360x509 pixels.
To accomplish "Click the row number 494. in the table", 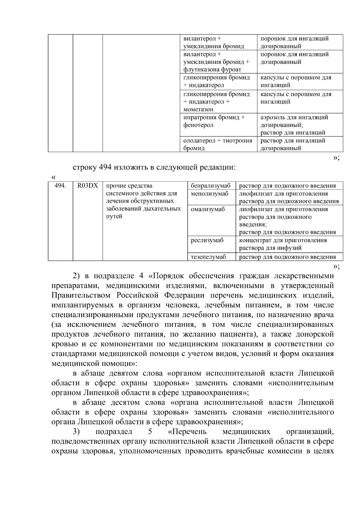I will pos(60,186).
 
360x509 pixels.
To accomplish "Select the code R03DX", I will pos(88,186).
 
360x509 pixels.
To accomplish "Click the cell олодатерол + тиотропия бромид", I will pos(217,144).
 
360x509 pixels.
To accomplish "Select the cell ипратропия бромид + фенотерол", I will pos(214,121).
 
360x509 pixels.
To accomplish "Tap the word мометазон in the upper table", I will pos(198,109).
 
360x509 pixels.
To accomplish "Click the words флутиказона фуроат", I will pos(212,70).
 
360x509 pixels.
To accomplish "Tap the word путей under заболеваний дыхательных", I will pos(114,217).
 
